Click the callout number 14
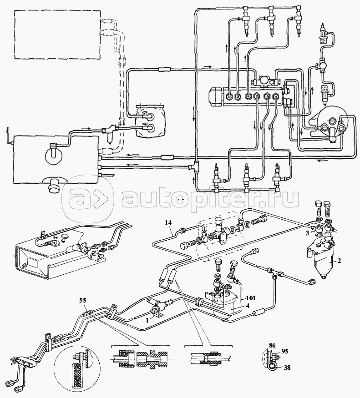coord(168,222)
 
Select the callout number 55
coord(83,301)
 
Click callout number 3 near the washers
coord(308,232)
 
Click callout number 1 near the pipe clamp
coord(147,320)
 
